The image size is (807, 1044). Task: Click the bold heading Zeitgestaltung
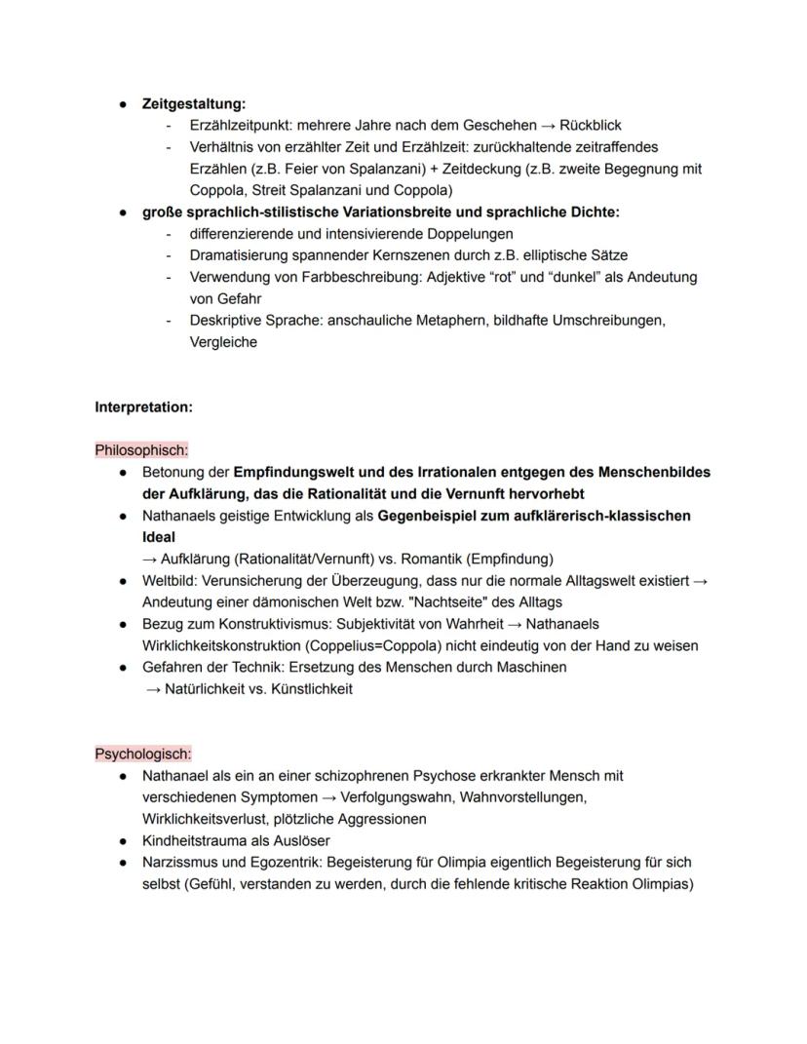[x=193, y=103]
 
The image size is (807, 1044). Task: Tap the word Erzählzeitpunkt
[x=241, y=126]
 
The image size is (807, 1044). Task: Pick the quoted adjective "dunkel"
[x=580, y=277]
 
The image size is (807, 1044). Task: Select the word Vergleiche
[x=223, y=342]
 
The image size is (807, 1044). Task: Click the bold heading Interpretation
[x=143, y=407]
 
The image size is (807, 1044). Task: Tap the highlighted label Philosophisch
[x=141, y=450]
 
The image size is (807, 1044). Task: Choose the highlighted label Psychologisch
[x=143, y=754]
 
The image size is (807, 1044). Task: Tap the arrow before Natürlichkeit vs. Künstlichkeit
[x=151, y=689]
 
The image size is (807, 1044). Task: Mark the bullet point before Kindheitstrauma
[x=124, y=840]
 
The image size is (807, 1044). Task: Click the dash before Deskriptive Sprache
[x=169, y=321]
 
